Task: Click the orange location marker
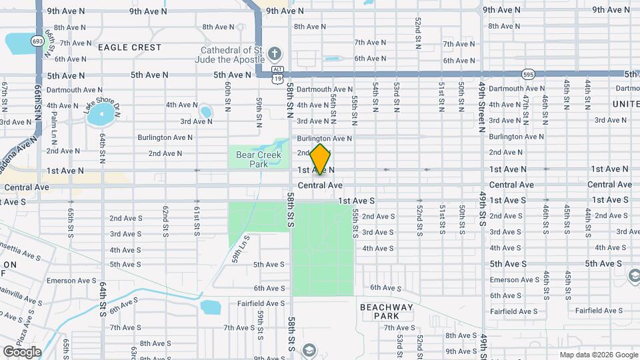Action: click(x=321, y=160)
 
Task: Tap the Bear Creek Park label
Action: click(x=250, y=159)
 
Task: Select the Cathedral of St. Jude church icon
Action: click(x=274, y=53)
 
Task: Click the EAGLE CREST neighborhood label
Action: click(x=129, y=47)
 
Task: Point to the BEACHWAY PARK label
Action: click(x=387, y=311)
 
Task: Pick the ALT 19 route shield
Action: click(x=277, y=74)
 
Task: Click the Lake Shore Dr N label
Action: click(x=101, y=99)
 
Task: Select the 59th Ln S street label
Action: click(x=241, y=248)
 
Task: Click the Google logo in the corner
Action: click(x=22, y=351)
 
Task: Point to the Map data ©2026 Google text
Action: click(x=598, y=355)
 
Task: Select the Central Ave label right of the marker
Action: click(x=321, y=185)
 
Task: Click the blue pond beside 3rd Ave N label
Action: click(x=205, y=111)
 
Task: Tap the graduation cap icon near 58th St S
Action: click(x=308, y=350)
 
